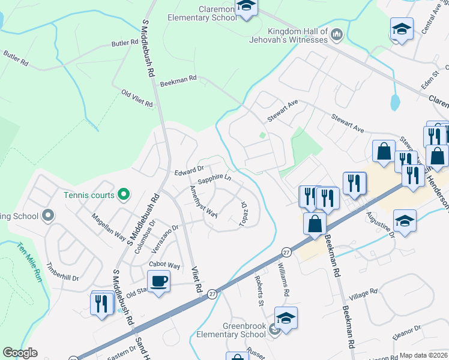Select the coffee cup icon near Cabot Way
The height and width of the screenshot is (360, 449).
158,281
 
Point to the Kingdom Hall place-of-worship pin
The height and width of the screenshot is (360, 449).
337,35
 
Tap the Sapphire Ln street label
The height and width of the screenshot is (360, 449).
214,178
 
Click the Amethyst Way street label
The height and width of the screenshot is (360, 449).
203,200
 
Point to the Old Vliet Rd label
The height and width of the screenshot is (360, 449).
137,99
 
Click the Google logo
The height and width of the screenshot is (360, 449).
20,353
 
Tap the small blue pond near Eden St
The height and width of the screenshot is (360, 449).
394,102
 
